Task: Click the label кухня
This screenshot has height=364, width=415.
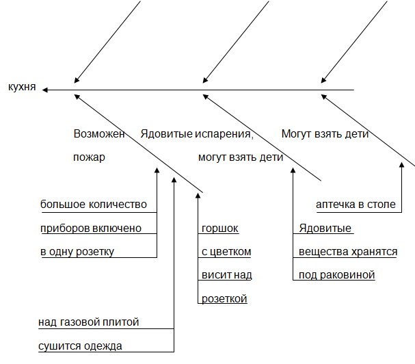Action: tap(22, 87)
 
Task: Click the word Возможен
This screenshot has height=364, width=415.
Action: tap(99, 134)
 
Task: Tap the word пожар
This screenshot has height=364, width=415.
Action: tap(89, 157)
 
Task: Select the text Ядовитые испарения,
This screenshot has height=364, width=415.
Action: tap(197, 134)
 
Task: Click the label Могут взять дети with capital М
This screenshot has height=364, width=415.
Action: tap(325, 134)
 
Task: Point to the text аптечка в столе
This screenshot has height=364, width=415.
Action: tap(356, 205)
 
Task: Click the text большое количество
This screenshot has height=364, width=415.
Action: tap(94, 205)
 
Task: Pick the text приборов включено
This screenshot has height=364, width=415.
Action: tap(91, 229)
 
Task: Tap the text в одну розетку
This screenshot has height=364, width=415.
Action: tap(77, 252)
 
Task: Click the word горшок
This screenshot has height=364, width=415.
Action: tap(220, 229)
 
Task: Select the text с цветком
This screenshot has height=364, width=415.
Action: tap(226, 252)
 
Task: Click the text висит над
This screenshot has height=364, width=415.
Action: tap(227, 275)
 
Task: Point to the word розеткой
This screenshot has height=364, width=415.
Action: tap(224, 299)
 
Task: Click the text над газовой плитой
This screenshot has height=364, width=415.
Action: tap(89, 322)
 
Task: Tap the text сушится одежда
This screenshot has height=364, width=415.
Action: tap(80, 346)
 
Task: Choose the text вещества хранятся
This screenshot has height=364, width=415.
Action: tap(348, 252)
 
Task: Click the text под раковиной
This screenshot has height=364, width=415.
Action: tap(336, 275)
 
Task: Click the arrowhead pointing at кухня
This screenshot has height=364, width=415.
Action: tap(44, 90)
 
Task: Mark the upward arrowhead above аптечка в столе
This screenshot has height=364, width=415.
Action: tap(401, 165)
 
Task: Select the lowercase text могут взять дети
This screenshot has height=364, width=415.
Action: tap(241, 157)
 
